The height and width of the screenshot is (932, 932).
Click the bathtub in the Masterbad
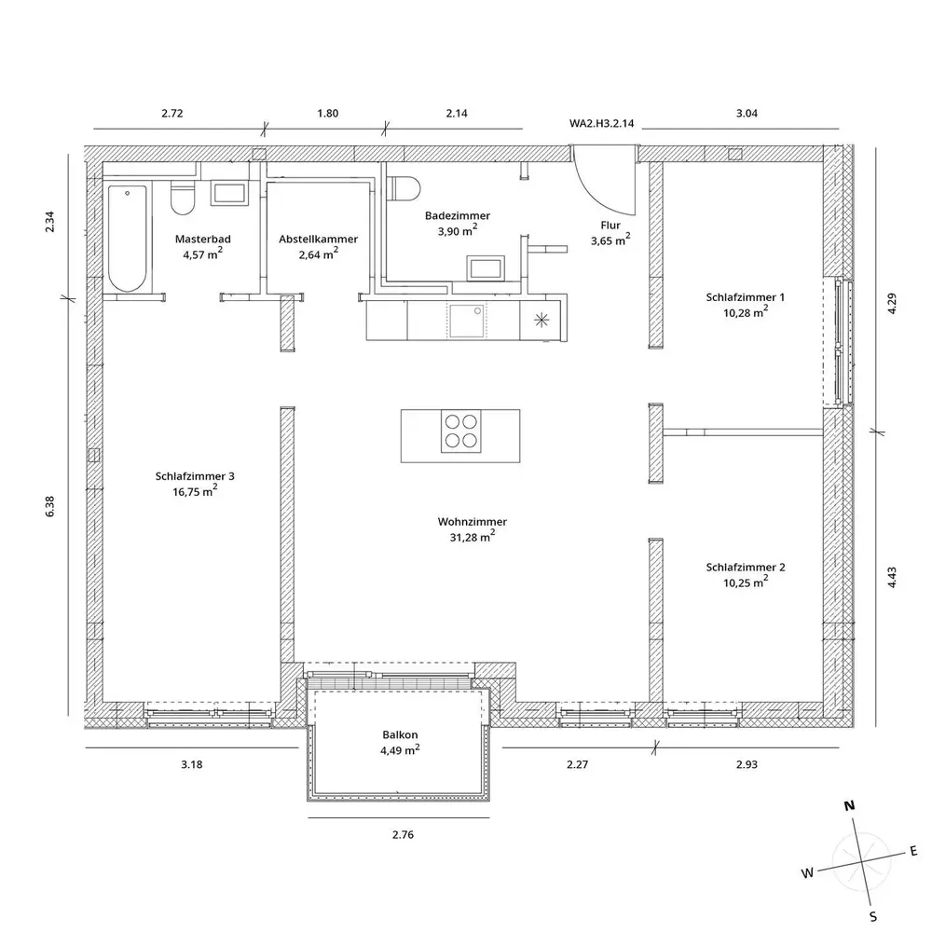point(127,239)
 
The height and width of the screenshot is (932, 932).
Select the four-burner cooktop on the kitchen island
point(461,432)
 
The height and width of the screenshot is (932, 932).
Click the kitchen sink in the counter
point(467,321)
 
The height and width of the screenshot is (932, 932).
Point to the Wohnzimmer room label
point(472,522)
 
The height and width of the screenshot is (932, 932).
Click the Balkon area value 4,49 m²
point(400,750)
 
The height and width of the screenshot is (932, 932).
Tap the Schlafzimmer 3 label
point(195,476)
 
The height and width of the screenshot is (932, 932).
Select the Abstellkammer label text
point(318,239)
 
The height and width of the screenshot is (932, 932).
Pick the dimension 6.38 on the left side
point(49,506)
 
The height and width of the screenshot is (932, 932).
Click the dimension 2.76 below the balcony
point(403,834)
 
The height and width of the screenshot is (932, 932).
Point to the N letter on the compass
point(849,806)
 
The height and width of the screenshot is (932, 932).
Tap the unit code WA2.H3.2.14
point(601,124)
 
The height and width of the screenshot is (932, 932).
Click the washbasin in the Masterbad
point(229,194)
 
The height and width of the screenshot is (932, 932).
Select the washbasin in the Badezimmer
point(486,268)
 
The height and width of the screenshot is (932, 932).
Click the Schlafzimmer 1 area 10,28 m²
point(746,312)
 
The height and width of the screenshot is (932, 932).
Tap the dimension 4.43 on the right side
point(892,577)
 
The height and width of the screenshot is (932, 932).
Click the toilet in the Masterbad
point(183,198)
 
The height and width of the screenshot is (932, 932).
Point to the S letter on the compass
point(873,916)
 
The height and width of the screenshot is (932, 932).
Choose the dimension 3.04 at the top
point(747,113)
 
